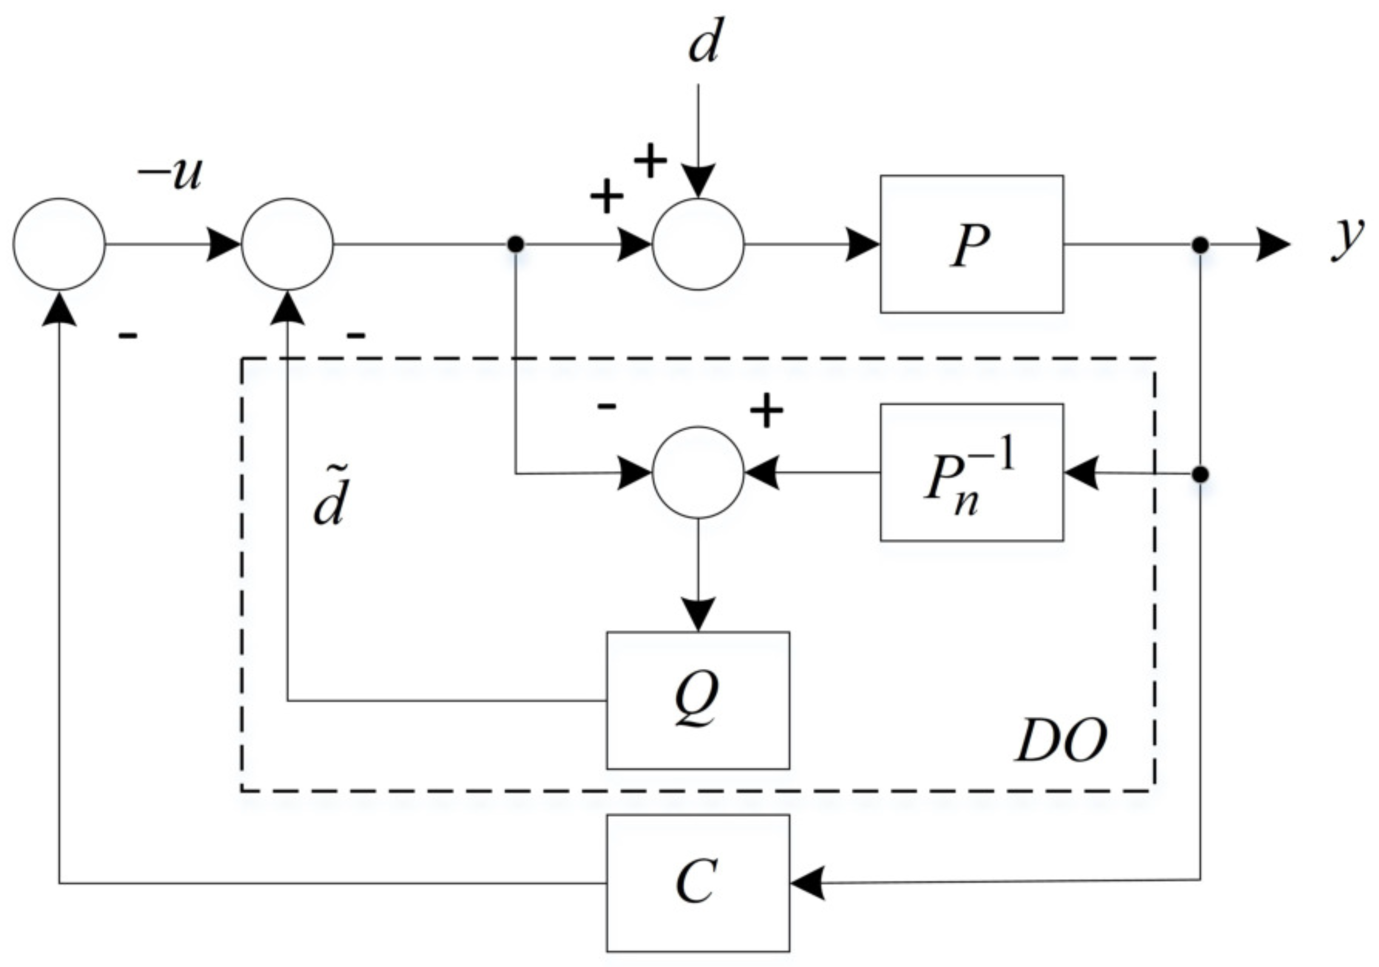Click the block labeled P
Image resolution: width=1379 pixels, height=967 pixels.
pyautogui.click(x=971, y=244)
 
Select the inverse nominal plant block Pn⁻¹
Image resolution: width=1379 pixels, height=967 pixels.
pyautogui.click(x=971, y=473)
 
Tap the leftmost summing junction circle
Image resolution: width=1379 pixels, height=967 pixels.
pyautogui.click(x=59, y=244)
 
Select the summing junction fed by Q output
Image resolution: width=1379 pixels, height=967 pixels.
pyautogui.click(x=287, y=244)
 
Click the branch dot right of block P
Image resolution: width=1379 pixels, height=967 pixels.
pyautogui.click(x=1200, y=244)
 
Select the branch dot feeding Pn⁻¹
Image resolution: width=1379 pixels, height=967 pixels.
pyautogui.click(x=1200, y=475)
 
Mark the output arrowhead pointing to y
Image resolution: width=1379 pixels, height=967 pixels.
pyautogui.click(x=1273, y=244)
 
